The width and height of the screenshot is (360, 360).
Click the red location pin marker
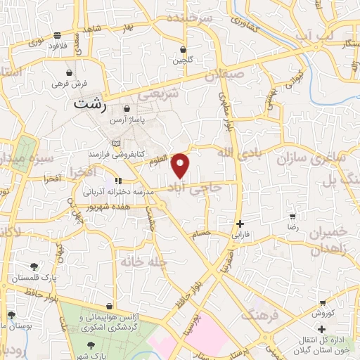click(x=181, y=165)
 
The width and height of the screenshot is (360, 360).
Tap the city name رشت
click(x=91, y=104)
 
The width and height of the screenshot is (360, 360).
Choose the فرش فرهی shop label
click(x=69, y=83)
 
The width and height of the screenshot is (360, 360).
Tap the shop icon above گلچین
click(x=184, y=50)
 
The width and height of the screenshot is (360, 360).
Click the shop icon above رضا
click(x=292, y=217)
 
